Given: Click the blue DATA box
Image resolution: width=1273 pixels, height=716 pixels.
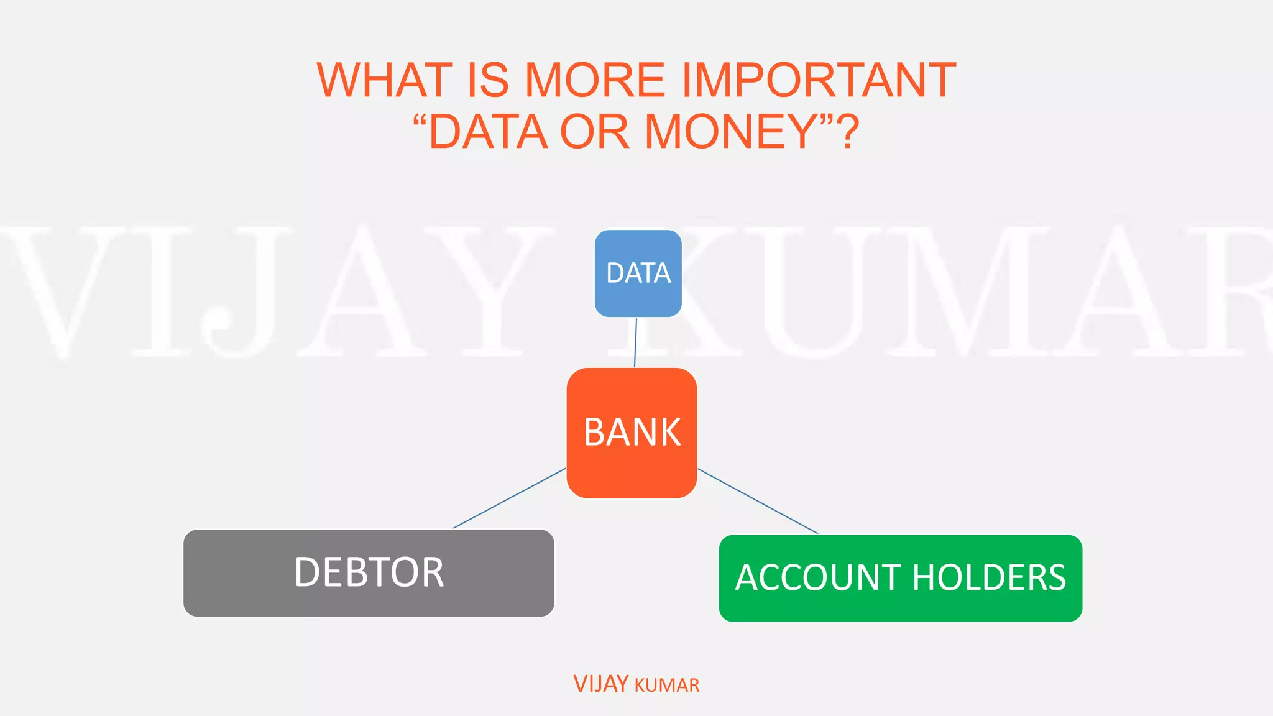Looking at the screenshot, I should click(x=638, y=273).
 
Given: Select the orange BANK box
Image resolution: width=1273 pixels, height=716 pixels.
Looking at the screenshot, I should click(x=632, y=433).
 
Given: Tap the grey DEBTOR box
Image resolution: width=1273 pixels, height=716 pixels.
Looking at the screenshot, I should click(x=369, y=572).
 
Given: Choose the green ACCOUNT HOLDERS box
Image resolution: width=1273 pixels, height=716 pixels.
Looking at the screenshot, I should click(x=900, y=578).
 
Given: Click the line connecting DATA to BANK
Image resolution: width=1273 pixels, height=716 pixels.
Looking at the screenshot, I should click(x=635, y=342).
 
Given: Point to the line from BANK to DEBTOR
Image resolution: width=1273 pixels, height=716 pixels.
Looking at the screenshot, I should click(x=509, y=498).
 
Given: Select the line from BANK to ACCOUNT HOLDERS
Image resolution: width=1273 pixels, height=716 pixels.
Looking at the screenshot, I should click(x=758, y=501).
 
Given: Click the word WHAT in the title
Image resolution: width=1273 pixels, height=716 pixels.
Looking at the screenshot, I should click(x=384, y=80).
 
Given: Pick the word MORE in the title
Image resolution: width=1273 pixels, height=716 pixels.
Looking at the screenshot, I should click(x=595, y=80).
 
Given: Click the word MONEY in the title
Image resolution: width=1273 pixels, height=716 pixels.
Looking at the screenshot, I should click(x=731, y=132).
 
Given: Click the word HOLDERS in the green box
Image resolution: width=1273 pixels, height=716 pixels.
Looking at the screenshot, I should click(x=989, y=578).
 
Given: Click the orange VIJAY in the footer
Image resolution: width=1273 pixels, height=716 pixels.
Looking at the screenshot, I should click(x=600, y=684).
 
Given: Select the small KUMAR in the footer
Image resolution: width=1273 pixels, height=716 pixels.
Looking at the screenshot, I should click(x=667, y=686).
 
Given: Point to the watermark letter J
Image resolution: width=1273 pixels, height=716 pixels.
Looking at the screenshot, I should click(x=242, y=292).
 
